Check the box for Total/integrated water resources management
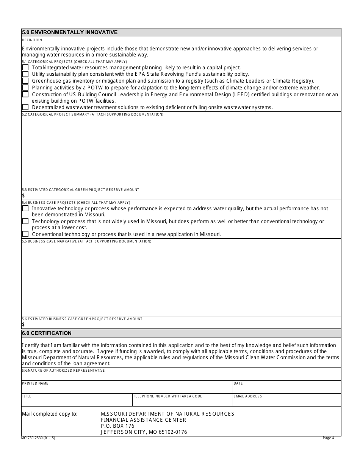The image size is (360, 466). pyautogui.click(x=25, y=67)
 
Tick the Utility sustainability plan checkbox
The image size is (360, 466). pyautogui.click(x=25, y=74)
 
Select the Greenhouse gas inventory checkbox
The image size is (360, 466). pyautogui.click(x=25, y=81)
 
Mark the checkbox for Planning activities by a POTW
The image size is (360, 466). pyautogui.click(x=25, y=88)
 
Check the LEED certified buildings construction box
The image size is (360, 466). pyautogui.click(x=25, y=94)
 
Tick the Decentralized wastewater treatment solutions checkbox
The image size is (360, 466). pyautogui.click(x=25, y=107)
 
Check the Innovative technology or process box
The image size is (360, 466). pyautogui.click(x=25, y=208)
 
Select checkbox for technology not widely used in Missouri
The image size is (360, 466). pyautogui.click(x=25, y=221)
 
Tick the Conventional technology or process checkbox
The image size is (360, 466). pyautogui.click(x=25, y=234)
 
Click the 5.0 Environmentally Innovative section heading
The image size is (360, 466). pyautogui.click(x=70, y=33)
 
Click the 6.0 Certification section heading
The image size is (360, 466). pyautogui.click(x=47, y=333)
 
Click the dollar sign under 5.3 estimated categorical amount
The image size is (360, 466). pyautogui.click(x=23, y=195)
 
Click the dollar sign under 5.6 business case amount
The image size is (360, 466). pyautogui.click(x=23, y=324)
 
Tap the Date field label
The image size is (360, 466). pyautogui.click(x=238, y=383)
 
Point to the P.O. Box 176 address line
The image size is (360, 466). pyautogui.click(x=117, y=426)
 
